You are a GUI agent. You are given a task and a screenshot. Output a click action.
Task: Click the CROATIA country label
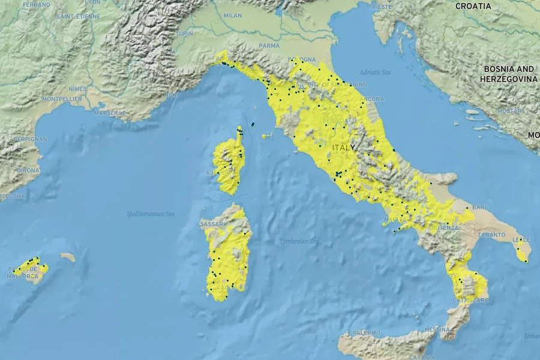[473, 6]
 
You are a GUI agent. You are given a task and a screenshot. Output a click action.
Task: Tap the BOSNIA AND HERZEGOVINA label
[509, 74]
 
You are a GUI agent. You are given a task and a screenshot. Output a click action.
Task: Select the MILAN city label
[233, 16]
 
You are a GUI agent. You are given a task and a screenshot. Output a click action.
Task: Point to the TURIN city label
[184, 34]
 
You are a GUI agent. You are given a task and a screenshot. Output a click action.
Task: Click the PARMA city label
[269, 45]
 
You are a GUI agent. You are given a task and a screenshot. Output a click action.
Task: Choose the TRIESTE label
[380, 7]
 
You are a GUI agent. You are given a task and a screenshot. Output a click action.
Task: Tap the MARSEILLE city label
[110, 112]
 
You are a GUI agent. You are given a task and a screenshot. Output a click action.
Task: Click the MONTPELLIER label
[62, 98]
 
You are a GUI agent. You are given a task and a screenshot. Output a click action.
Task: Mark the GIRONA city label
[28, 170]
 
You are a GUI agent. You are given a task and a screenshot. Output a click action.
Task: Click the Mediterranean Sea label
[150, 214]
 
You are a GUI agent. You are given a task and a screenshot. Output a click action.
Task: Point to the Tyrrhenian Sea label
[298, 241]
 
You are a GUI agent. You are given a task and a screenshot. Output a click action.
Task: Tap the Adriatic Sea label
[375, 72]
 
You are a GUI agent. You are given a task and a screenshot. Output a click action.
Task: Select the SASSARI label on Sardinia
[212, 224]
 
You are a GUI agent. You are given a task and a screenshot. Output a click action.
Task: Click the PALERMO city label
[366, 332]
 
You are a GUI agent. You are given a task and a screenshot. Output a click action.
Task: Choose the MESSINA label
[437, 329]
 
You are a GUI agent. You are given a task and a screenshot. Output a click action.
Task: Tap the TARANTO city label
[493, 235]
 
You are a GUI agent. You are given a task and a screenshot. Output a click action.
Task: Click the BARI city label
[479, 207]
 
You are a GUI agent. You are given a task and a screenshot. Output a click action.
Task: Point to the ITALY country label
[343, 147]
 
